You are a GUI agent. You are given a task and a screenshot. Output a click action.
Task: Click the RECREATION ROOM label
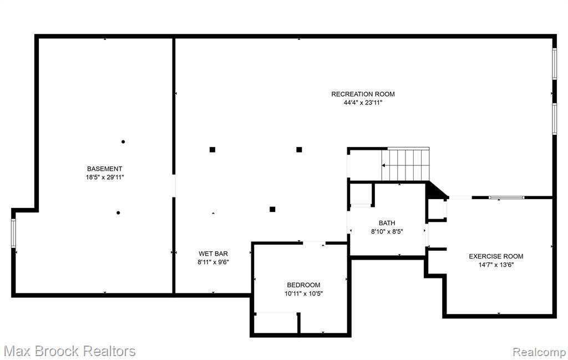coord(363,94)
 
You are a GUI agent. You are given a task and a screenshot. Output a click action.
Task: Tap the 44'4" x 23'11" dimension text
coord(363,103)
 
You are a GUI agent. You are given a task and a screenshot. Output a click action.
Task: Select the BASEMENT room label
coord(105,169)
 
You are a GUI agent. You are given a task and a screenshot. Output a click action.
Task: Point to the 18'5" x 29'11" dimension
coord(105,178)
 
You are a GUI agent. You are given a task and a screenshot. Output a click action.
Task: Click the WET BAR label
coord(213,253)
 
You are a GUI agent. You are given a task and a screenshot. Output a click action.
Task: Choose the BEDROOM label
coord(303,285)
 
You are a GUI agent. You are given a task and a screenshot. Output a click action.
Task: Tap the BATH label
coord(387,223)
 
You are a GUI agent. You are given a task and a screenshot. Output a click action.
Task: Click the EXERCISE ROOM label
coord(496,256)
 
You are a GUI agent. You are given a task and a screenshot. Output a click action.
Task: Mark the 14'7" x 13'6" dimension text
coord(496,265)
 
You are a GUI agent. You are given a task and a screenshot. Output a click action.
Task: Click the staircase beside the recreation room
coord(405,164)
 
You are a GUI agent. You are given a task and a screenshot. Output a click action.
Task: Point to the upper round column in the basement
coord(123,141)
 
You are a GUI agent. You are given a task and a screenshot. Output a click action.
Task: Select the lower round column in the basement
coord(118,212)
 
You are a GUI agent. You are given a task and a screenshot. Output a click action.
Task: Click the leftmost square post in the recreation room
coord(212,150)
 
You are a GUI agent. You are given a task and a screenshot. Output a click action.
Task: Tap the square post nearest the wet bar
coord(272,209)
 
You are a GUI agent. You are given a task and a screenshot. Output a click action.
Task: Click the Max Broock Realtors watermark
coord(70,351)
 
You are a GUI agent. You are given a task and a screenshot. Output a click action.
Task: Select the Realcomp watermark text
coord(539,352)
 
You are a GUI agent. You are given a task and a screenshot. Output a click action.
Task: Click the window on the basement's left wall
coord(13,233)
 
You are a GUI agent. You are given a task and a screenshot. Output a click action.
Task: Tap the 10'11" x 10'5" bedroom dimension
coord(303,294)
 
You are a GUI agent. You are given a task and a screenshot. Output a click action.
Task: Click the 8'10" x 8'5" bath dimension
coord(387,232)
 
